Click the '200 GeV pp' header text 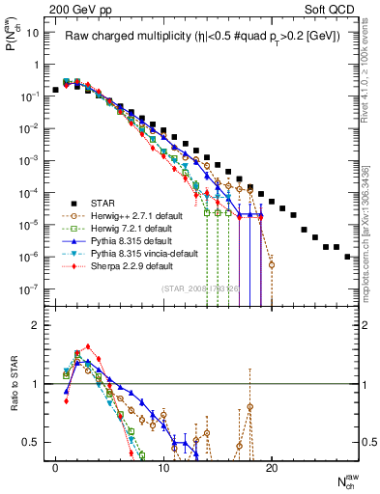coord(70,10)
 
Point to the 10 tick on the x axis coord(163,470)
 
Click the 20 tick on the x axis coord(272,470)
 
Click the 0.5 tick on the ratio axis coord(32,442)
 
